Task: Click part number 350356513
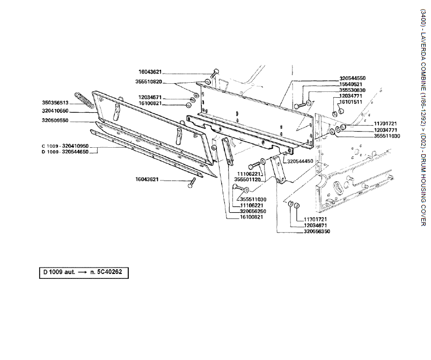[x=70, y=102]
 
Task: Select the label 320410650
[x=70, y=111]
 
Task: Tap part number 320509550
[x=70, y=121]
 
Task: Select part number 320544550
[x=353, y=78]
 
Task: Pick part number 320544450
[x=301, y=161]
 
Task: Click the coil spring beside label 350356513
[x=89, y=100]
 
